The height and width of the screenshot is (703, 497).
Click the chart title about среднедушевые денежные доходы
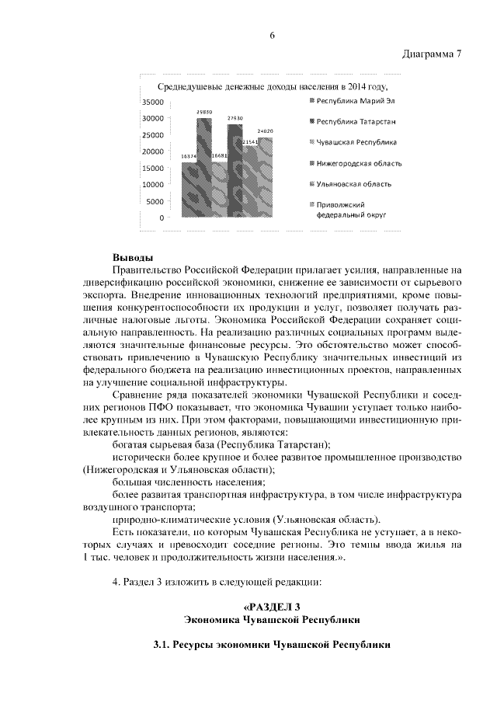272,87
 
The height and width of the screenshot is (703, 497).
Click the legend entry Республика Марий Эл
351,101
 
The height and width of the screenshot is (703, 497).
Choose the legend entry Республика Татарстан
356,122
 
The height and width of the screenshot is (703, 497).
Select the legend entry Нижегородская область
357,163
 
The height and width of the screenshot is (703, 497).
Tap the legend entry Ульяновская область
354,184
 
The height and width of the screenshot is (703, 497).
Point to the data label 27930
235,118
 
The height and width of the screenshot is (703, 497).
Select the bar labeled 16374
189,190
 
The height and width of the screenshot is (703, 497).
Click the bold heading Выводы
133,258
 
